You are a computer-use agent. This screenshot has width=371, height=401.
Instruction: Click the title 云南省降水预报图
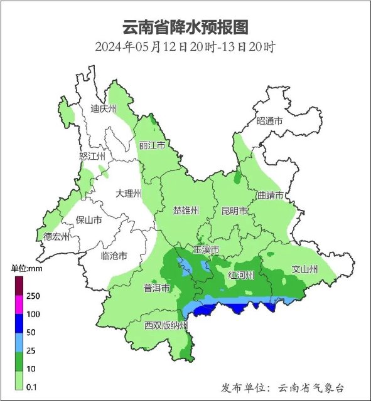coord(185,26)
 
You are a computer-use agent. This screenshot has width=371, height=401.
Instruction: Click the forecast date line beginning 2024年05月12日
coord(185,47)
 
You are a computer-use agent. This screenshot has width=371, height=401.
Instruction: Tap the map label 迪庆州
coord(104,109)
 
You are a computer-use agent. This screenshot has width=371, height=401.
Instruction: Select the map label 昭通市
coord(270,121)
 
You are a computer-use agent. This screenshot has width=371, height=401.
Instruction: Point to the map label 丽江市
coord(152,145)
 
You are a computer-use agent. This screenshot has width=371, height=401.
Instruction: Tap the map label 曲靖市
coord(270,195)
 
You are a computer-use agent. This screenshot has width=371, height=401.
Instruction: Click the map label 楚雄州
coord(186,211)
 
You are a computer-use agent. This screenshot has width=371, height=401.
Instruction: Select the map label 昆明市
coord(234,211)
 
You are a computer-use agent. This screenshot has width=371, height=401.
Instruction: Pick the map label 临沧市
coord(114,256)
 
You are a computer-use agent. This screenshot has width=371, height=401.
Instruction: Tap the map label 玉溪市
coord(205,250)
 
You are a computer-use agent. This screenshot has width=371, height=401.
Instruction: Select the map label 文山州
coord(306,270)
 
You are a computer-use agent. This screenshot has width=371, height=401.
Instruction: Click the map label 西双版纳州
coord(166,325)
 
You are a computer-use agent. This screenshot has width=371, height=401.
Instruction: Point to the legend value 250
coord(33,296)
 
